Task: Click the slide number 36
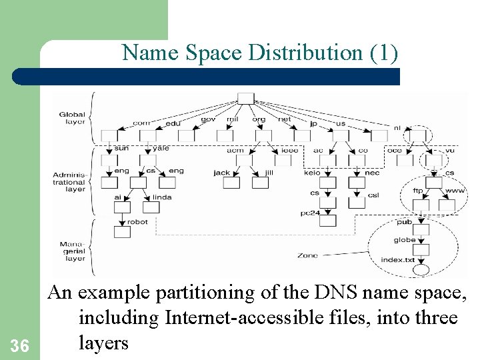pyautogui.click(x=20, y=345)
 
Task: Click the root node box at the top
pyautogui.click(x=245, y=99)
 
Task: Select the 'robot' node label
pyautogui.click(x=137, y=222)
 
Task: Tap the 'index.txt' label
pyautogui.click(x=398, y=259)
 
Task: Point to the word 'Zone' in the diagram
pyautogui.click(x=307, y=255)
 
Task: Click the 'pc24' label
pyautogui.click(x=310, y=212)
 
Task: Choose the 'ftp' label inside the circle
pyautogui.click(x=418, y=191)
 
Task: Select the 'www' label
pyautogui.click(x=455, y=191)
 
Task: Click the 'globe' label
pyautogui.click(x=405, y=240)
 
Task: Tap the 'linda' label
pyautogui.click(x=162, y=197)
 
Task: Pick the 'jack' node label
pyautogui.click(x=222, y=173)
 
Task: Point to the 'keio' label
pyautogui.click(x=312, y=173)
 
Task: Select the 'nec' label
pyautogui.click(x=373, y=173)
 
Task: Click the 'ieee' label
pyautogui.click(x=289, y=151)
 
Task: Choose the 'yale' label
pyautogui.click(x=161, y=148)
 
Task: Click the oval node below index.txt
pyautogui.click(x=421, y=271)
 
